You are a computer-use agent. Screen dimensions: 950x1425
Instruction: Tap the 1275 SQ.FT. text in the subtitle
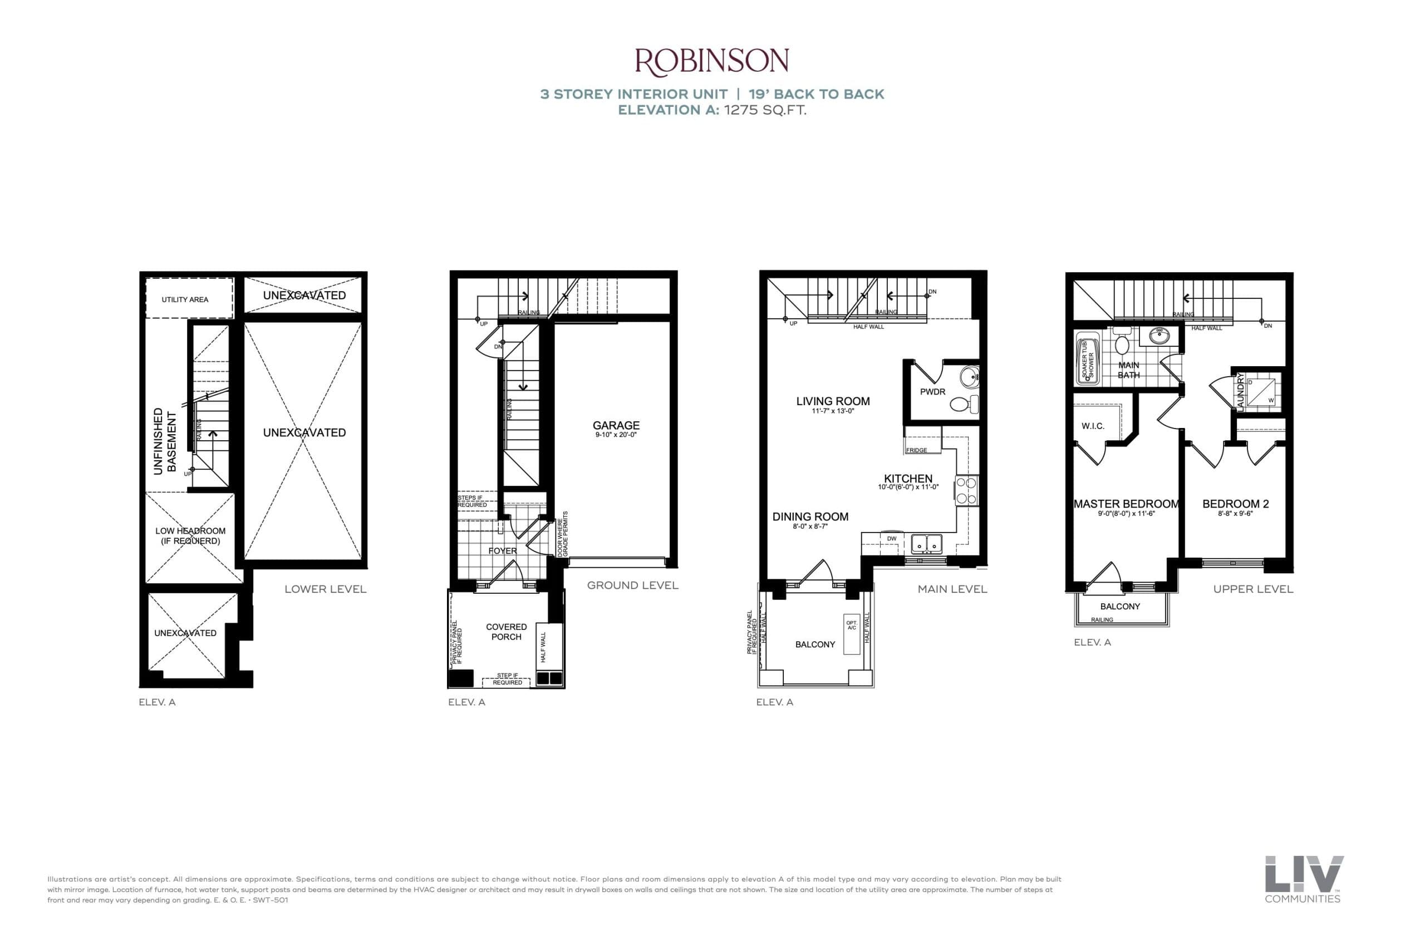coord(765,110)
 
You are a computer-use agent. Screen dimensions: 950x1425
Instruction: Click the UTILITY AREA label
coord(185,299)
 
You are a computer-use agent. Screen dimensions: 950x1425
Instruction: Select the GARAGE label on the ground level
coord(616,425)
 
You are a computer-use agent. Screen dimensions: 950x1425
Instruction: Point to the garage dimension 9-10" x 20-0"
coord(616,435)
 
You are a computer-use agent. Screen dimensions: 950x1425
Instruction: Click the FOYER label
coord(502,551)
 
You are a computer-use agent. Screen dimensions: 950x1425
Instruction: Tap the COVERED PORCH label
coord(506,631)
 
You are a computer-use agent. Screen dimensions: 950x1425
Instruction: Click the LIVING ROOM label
coord(833,401)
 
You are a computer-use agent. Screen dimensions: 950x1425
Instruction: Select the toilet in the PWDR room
coord(963,403)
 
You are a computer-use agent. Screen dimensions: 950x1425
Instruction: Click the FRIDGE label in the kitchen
coord(917,450)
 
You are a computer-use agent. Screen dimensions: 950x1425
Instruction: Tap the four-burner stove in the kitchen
coord(966,491)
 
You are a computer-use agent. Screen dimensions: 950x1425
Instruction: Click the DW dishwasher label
coord(891,539)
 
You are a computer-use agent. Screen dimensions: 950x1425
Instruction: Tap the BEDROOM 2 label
coord(1235,504)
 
